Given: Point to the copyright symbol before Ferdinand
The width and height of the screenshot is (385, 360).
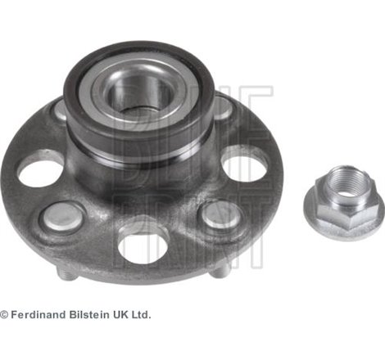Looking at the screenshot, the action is tap(4, 315).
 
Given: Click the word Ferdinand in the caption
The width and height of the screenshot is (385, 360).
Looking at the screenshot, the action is tap(38, 315).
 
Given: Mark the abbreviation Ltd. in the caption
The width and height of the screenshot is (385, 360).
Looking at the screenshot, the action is tap(142, 315).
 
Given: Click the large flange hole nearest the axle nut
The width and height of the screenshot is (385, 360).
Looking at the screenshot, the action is tap(244, 166).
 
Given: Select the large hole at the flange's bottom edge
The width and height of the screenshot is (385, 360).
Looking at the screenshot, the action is tap(143, 248).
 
